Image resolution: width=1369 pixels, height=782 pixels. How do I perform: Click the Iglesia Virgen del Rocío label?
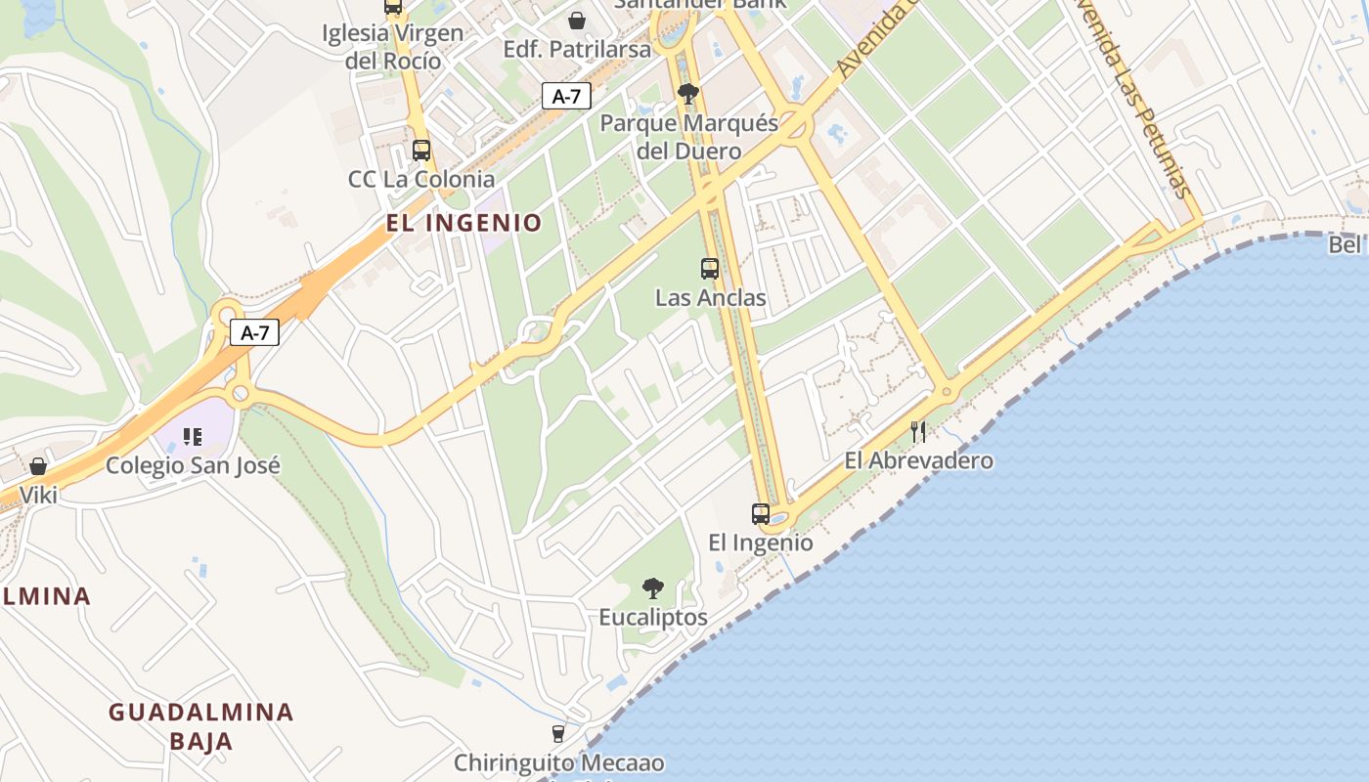point(392,46)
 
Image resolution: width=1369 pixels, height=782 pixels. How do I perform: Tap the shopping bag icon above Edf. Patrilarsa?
point(577,21)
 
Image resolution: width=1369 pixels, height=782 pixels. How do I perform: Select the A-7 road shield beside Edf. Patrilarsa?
point(566,96)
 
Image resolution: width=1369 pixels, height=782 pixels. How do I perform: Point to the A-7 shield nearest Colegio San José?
point(255,332)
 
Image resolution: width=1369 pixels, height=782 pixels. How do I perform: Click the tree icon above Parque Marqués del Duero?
point(688,95)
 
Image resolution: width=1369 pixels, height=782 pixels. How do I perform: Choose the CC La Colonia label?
point(421,179)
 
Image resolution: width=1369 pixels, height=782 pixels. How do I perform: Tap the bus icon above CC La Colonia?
point(421,151)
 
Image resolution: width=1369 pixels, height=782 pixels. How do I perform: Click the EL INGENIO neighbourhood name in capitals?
point(464,223)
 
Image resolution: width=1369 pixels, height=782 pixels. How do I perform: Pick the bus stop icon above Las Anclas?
point(710,269)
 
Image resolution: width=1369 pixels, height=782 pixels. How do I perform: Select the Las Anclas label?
point(710,297)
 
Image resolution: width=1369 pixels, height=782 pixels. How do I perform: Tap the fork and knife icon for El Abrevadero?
point(918,432)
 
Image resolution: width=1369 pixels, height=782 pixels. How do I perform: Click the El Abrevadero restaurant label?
point(918,460)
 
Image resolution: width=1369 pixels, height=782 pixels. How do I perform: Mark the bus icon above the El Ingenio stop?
point(761,514)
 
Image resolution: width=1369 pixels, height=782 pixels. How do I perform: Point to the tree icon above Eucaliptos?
point(652,588)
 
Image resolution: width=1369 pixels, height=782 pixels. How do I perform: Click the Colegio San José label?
point(193,465)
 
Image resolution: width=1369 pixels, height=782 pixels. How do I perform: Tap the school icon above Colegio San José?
point(193,437)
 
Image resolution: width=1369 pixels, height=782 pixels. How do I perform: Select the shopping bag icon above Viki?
point(38,466)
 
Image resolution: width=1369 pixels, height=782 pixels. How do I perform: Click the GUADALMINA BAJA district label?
point(200,726)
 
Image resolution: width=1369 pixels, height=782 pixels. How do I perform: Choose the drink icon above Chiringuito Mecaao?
point(558,734)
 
